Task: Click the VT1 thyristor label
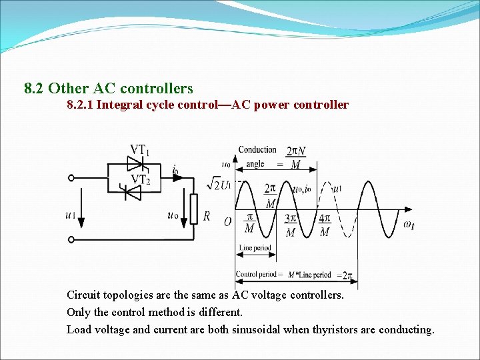point(139,150)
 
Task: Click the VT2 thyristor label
point(139,179)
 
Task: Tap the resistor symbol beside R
point(194,209)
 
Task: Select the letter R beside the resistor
point(207,216)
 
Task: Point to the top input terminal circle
point(71,178)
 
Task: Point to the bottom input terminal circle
point(71,239)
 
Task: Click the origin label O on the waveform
point(227,221)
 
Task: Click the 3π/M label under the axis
point(291,225)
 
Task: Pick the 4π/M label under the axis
point(325,225)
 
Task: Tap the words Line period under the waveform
point(255,248)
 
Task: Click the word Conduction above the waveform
point(257,150)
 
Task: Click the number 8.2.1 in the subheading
point(79,105)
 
